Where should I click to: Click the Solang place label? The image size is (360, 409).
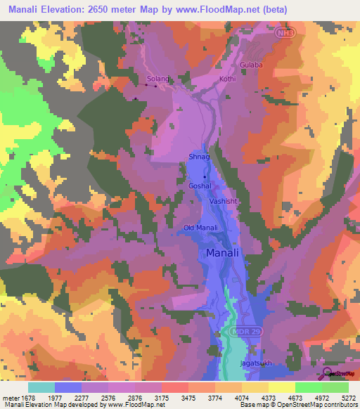point(158,79)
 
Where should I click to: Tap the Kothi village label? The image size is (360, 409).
point(226,79)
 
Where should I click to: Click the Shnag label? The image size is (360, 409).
point(199,158)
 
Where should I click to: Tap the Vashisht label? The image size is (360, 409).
point(224,201)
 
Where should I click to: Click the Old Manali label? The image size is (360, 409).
point(199,228)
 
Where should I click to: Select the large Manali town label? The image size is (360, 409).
point(224,252)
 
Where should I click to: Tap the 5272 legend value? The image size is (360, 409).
point(349,397)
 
